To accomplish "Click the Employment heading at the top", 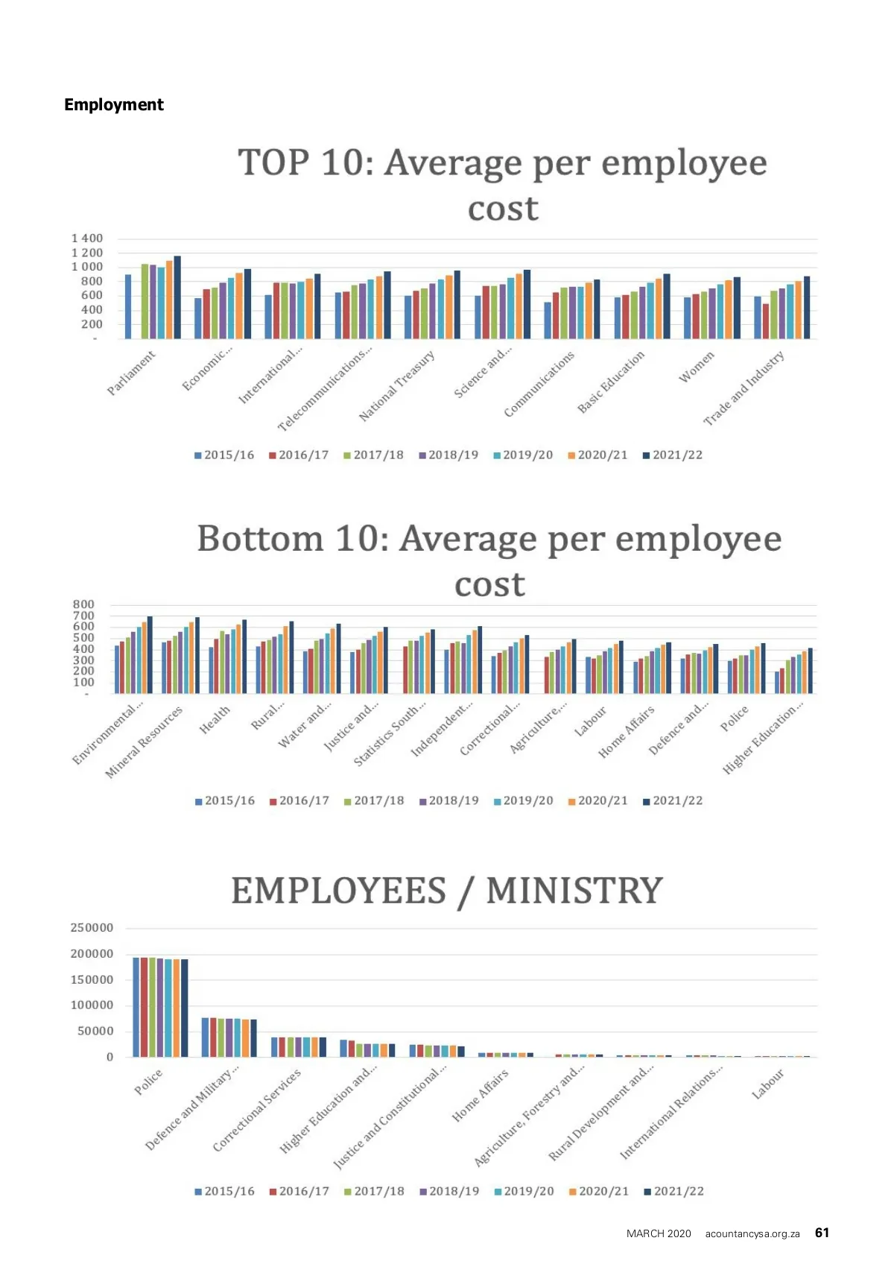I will coord(113,104).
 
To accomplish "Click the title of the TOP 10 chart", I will coord(502,185).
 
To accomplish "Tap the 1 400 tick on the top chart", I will coord(87,238).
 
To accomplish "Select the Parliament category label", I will coord(132,373).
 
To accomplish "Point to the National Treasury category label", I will coord(396,386).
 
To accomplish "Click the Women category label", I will coord(697,367).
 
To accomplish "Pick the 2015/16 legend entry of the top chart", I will coord(224,455).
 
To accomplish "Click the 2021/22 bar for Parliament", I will coord(177,297).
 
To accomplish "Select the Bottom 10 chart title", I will coord(489,560).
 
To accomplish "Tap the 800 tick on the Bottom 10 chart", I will coord(83,604).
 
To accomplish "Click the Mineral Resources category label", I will coord(144,742).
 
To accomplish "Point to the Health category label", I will coord(215,720).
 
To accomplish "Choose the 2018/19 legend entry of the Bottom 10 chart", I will coord(449,800).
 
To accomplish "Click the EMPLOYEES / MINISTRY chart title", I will coord(447,891).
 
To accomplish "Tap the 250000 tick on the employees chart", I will coord(92,928).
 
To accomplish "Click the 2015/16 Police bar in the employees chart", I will coord(136,1007).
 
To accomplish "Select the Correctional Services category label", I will coord(257,1110).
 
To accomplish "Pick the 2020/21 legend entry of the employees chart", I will coord(599,1191).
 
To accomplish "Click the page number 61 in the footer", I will coord(822,1233).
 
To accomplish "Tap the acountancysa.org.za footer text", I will coord(752,1233).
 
